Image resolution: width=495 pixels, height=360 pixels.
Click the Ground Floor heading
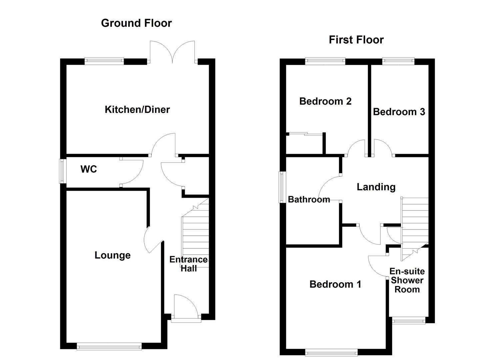point(136,23)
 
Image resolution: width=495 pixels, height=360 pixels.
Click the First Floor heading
point(356,40)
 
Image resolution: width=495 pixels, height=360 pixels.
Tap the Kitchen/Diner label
point(137,109)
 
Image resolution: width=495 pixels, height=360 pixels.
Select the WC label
point(89,169)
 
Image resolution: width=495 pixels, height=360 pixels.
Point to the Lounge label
point(112,255)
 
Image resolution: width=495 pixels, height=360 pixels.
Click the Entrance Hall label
point(188,264)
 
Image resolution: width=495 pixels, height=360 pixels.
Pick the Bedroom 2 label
point(325,101)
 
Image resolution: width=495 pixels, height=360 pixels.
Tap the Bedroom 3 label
point(399,112)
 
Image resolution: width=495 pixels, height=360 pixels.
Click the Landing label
point(376,187)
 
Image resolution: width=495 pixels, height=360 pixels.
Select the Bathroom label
point(309,199)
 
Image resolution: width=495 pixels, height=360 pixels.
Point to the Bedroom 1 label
point(335,284)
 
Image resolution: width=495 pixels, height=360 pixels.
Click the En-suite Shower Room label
point(407,280)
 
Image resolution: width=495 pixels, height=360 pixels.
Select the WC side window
point(62,171)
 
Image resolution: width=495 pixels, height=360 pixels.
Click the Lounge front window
point(109,347)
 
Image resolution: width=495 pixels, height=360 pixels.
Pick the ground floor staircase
point(195,233)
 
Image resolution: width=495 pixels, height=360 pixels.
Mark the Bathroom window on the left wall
point(282,187)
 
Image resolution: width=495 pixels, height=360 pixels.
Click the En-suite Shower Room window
point(409,321)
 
